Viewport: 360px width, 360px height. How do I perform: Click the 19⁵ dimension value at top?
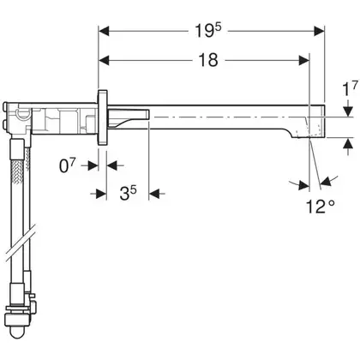point(208,30)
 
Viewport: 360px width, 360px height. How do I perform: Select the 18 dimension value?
point(208,60)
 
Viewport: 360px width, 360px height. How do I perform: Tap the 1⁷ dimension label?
point(350,88)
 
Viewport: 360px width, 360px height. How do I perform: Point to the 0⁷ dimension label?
point(68,165)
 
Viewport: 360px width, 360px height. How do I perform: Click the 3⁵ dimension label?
point(128,194)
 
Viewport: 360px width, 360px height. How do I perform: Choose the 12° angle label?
point(321,207)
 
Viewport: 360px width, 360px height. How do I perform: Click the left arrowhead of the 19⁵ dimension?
point(104,31)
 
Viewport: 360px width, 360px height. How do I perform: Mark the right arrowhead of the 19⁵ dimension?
point(319,31)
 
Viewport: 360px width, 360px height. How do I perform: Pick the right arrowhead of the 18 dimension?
point(304,60)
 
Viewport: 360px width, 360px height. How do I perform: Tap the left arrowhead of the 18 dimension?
point(104,60)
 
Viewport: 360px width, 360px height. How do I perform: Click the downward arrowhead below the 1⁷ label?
point(348,111)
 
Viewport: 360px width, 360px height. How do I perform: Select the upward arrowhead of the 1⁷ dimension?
point(348,143)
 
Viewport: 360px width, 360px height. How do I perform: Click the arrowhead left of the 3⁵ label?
point(101,194)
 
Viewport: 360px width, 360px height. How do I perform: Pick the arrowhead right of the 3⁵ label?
point(154,194)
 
